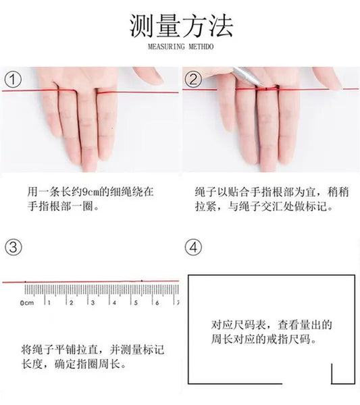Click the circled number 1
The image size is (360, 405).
(x=13, y=80)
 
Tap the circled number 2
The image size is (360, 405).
(x=193, y=79)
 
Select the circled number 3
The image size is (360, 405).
(x=14, y=247)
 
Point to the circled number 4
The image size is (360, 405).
(x=193, y=247)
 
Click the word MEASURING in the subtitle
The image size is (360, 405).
(x=166, y=47)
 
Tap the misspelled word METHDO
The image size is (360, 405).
(x=201, y=47)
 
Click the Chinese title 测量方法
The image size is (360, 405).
(x=181, y=26)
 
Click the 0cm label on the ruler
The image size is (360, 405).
(x=27, y=302)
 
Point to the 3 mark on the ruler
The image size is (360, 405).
(x=93, y=302)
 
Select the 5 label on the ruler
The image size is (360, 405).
(x=136, y=302)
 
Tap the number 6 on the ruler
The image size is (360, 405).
(x=157, y=302)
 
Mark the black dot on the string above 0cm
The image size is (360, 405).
(x=25, y=281)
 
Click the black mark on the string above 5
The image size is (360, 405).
(x=142, y=281)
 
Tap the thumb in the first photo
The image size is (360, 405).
(x=148, y=76)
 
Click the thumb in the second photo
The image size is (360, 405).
(x=328, y=78)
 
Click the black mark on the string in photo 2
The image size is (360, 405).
(x=266, y=89)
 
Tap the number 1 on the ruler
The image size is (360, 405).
(x=49, y=302)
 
